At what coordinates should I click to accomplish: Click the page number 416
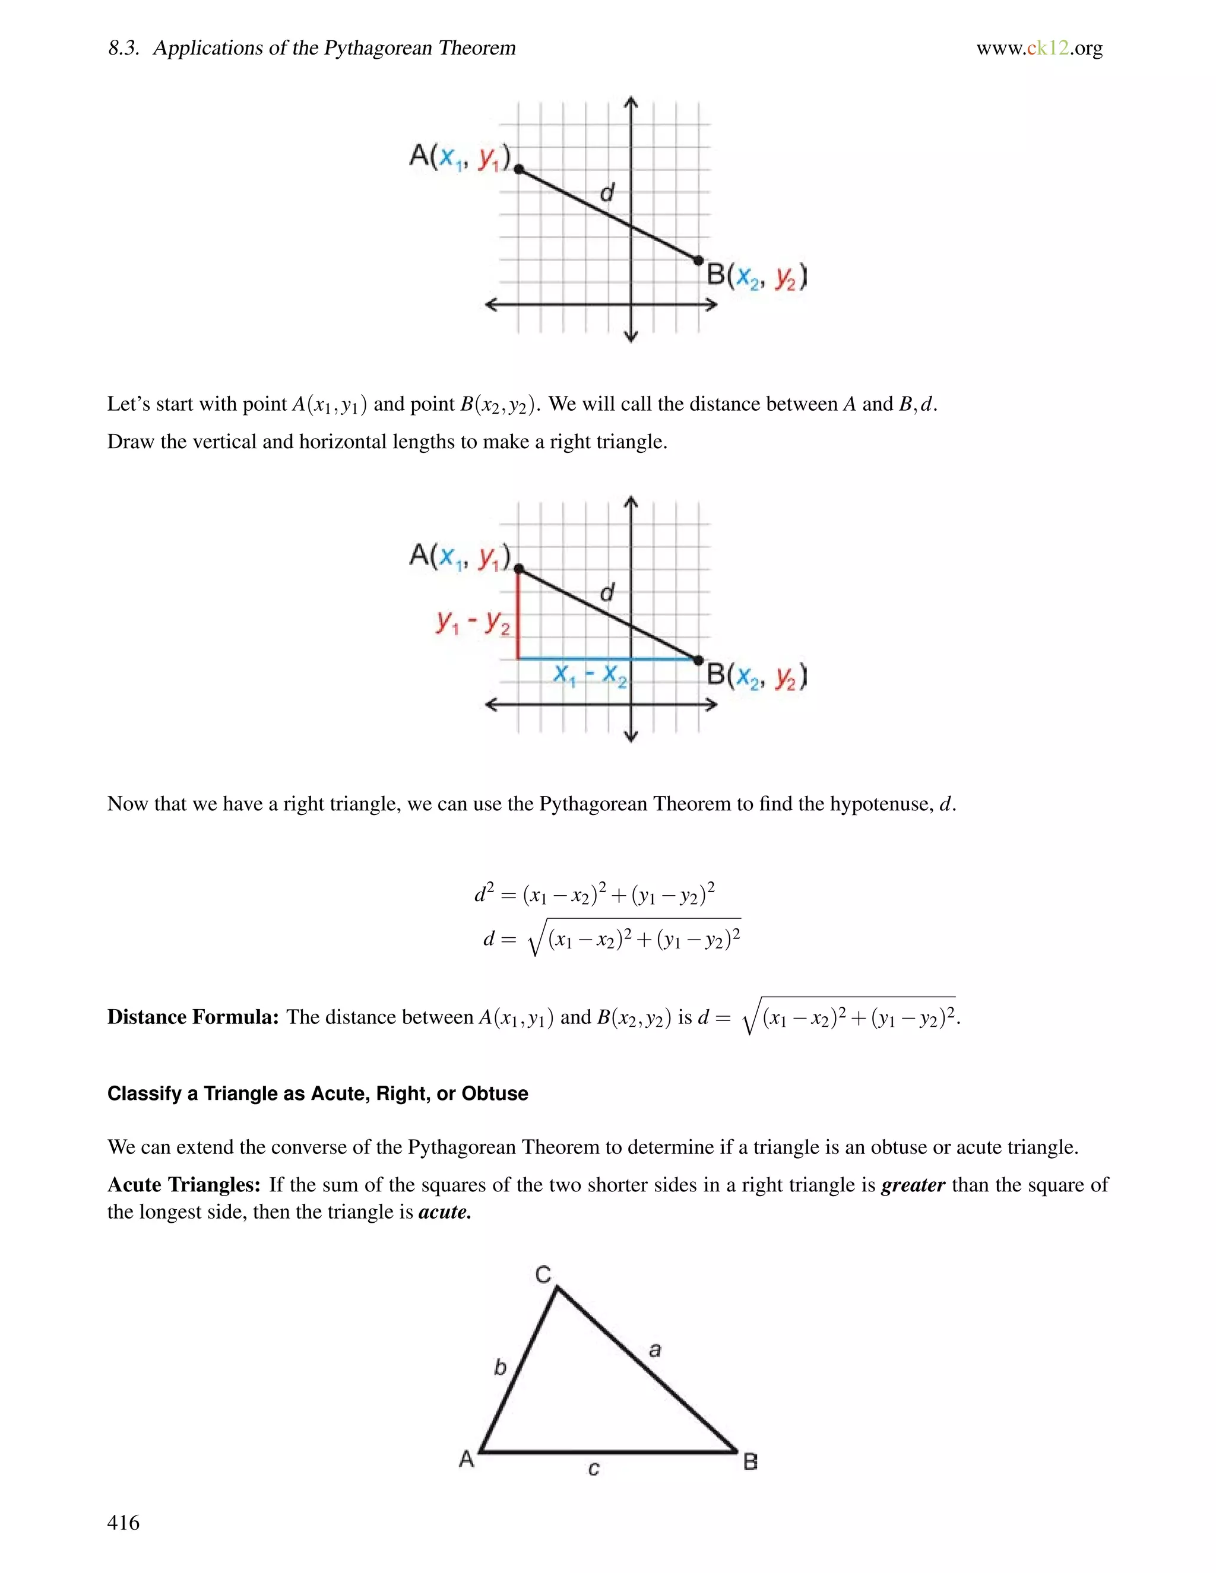coord(123,1522)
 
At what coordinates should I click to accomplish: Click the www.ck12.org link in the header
coord(1039,48)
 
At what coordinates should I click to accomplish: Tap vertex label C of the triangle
coord(543,1274)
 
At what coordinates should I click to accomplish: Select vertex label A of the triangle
coord(466,1458)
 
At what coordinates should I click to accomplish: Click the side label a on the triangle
coord(655,1350)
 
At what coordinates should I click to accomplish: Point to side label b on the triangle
coord(500,1366)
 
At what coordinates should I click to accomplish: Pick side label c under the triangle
coord(594,1469)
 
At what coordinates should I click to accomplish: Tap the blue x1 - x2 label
coord(589,675)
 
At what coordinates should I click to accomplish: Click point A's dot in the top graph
coord(519,169)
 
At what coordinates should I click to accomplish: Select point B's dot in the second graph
coord(698,659)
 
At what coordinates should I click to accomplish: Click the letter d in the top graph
coord(607,192)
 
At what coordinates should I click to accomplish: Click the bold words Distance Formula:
coord(192,1017)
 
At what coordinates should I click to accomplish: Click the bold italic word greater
coord(913,1185)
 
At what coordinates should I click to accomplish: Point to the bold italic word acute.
coord(444,1212)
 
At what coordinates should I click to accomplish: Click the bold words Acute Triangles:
coord(183,1185)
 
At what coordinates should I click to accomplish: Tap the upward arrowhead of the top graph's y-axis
coord(631,102)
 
